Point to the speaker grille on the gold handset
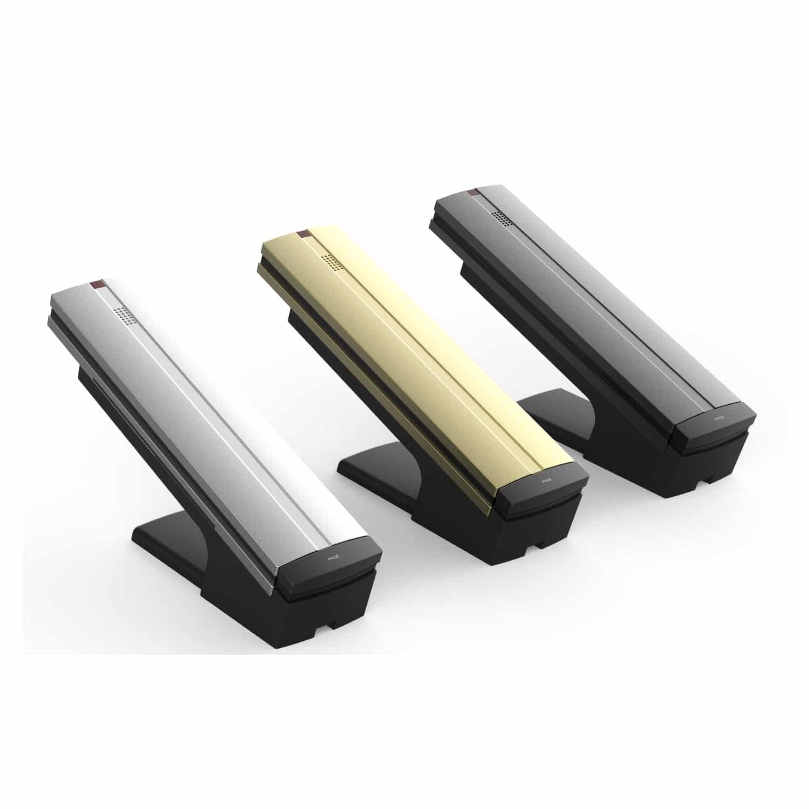328,261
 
